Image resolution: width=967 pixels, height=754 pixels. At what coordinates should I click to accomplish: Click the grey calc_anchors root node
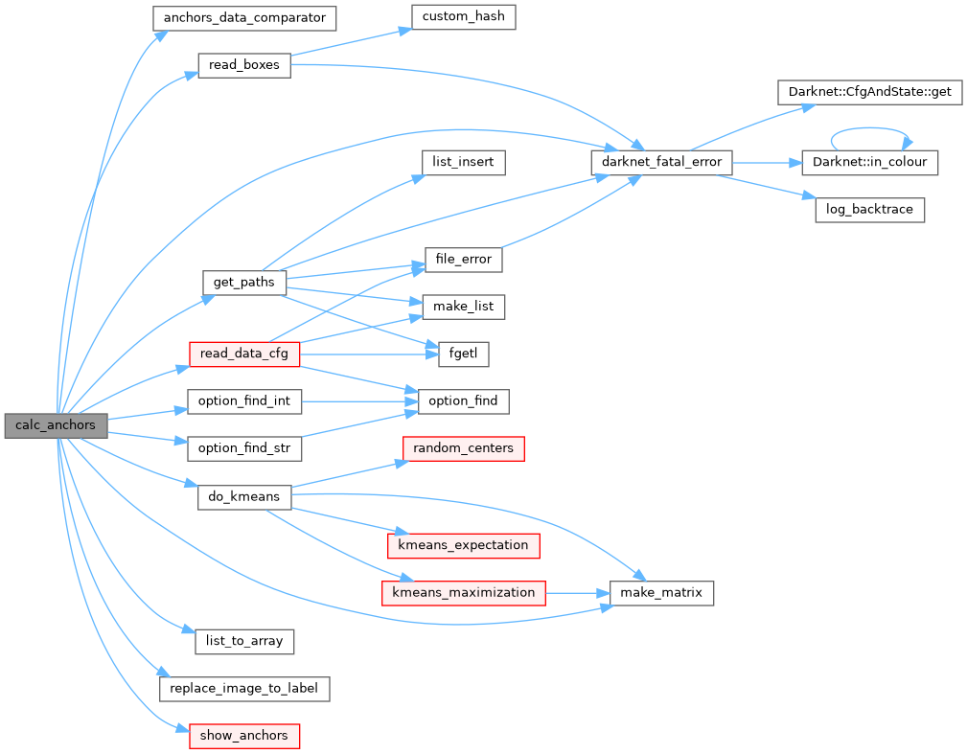55,426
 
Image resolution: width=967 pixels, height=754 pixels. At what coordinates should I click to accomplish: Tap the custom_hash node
464,17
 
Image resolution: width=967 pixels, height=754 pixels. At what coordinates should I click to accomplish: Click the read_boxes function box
243,66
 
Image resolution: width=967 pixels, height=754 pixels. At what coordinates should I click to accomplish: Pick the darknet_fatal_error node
662,163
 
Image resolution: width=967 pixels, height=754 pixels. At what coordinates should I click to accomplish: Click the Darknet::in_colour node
869,162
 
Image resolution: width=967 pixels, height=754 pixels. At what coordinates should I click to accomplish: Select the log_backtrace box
869,210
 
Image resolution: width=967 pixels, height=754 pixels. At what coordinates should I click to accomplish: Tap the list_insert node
463,162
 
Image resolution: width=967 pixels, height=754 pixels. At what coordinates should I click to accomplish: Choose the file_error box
464,259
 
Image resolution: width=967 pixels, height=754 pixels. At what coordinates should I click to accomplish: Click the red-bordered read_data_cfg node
244,354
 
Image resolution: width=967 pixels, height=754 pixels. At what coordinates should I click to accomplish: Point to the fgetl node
464,354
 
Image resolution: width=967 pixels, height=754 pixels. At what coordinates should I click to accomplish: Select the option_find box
463,401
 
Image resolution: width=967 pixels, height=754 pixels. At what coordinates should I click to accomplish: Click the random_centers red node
463,448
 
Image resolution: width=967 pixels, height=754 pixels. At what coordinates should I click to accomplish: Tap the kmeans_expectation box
463,545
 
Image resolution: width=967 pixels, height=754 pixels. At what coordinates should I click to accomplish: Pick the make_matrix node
662,593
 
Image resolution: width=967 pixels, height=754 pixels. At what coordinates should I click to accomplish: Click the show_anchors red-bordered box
244,736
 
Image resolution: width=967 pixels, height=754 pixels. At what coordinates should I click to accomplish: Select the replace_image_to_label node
244,688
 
